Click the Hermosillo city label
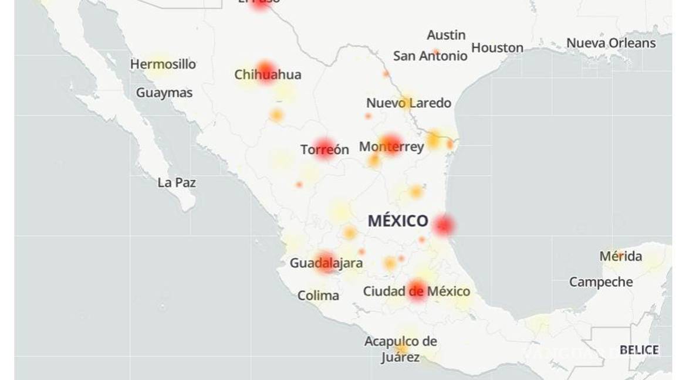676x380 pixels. (x=163, y=64)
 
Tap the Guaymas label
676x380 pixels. (x=164, y=93)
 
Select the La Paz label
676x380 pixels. (x=177, y=182)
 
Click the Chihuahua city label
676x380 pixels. (x=268, y=74)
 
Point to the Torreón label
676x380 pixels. (x=325, y=150)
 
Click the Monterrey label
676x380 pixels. (x=391, y=147)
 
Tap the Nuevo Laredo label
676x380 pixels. (x=408, y=103)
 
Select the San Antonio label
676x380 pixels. (x=430, y=56)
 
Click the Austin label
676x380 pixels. (x=446, y=35)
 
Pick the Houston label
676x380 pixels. (x=497, y=48)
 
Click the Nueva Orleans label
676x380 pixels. (x=611, y=43)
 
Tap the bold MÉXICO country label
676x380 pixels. (x=398, y=221)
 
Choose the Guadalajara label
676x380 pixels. (x=326, y=263)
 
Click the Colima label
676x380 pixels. (x=318, y=296)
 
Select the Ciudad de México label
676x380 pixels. (x=417, y=291)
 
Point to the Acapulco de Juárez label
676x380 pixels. (x=401, y=349)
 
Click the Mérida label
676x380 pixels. (x=620, y=256)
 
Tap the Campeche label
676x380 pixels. (x=601, y=282)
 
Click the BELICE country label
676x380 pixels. (x=639, y=350)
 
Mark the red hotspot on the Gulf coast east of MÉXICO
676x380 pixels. (x=444, y=225)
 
